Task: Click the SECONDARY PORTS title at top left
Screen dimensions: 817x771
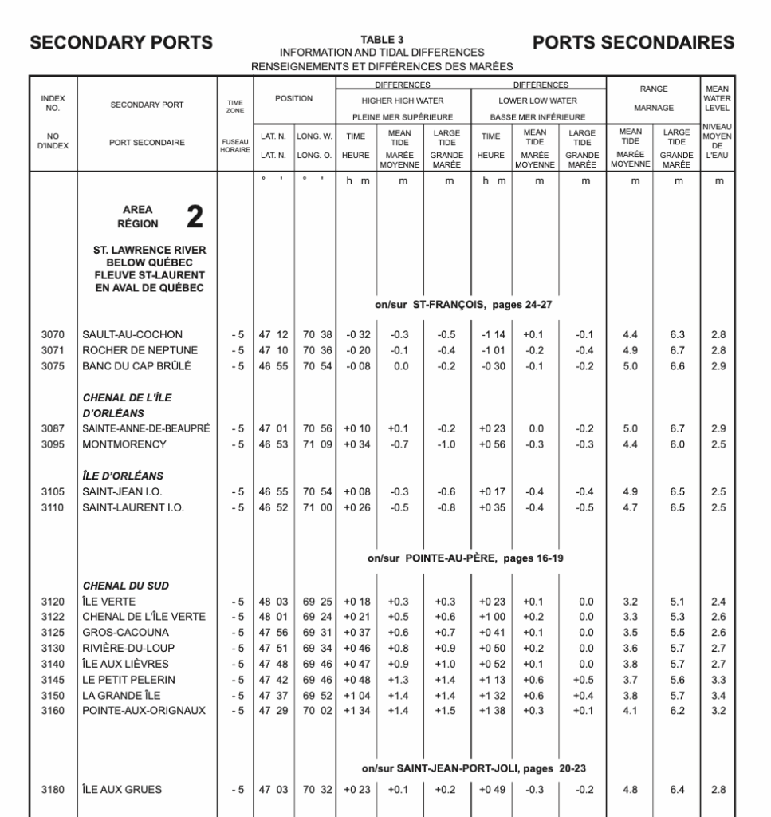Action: point(121,43)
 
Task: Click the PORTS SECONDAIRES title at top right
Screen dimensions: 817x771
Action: point(633,43)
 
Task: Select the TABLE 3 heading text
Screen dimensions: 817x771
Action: point(382,39)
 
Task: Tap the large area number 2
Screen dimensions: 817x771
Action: point(194,216)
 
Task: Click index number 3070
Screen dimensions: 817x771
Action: point(53,334)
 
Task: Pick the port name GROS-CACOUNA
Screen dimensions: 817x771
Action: point(122,633)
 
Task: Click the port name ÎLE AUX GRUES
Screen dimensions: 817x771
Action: point(123,790)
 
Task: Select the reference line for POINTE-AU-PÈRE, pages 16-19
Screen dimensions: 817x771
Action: point(465,558)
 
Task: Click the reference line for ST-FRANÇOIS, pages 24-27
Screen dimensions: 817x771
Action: point(465,304)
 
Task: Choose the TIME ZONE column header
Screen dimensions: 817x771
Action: point(235,105)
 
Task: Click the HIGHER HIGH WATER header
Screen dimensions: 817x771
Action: point(402,101)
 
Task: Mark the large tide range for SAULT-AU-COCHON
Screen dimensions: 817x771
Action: point(678,334)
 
